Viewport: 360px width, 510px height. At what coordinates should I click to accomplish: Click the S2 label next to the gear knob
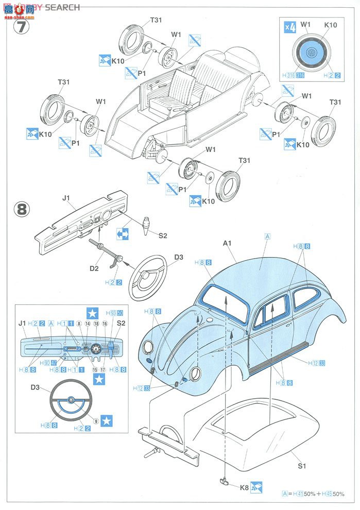tap(163, 236)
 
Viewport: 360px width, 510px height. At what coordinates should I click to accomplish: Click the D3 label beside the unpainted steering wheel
tap(179, 257)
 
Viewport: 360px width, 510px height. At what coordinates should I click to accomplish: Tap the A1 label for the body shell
tap(228, 243)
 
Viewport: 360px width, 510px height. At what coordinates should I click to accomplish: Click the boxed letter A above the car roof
tap(267, 236)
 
